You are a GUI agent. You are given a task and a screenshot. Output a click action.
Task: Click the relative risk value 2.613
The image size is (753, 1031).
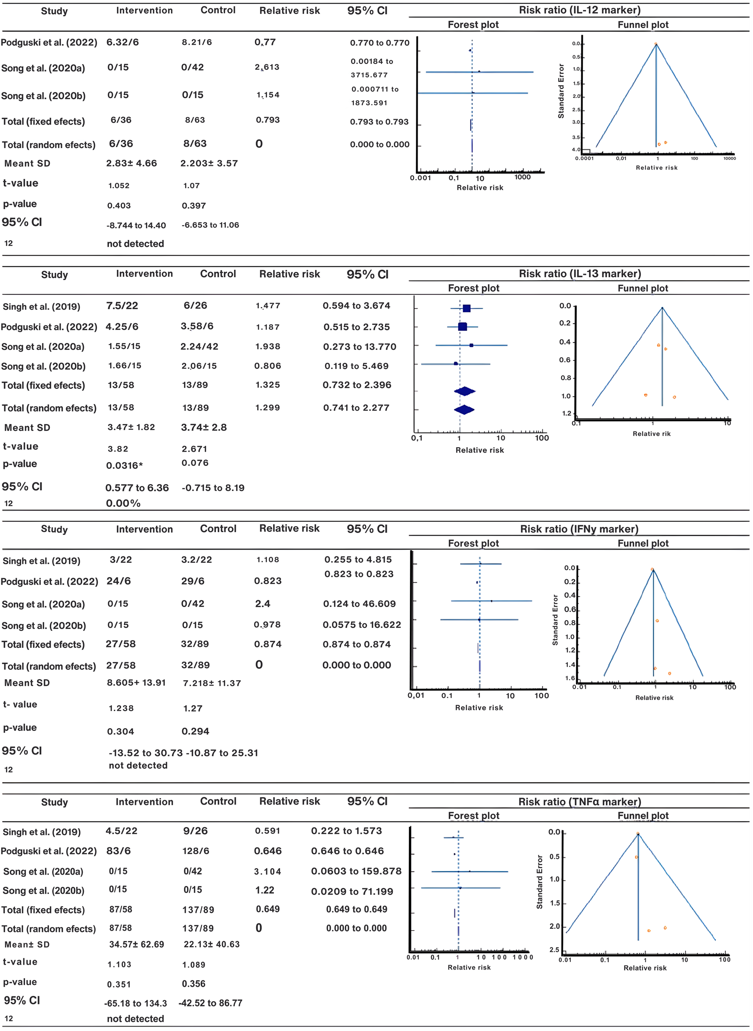(x=267, y=67)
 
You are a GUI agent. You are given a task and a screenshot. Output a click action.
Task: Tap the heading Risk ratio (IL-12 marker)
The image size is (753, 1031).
(x=579, y=10)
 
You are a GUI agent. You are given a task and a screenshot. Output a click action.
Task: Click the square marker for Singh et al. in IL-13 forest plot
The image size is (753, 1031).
(x=466, y=309)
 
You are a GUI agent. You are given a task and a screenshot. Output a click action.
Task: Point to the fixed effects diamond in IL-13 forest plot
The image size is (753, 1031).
(x=464, y=391)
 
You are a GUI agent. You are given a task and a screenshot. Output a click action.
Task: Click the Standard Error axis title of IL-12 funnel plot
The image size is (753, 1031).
(x=561, y=91)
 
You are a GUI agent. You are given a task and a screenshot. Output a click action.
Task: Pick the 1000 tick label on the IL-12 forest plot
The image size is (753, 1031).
(x=522, y=178)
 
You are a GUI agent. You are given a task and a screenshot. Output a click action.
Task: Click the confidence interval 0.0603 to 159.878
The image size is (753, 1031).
(x=356, y=871)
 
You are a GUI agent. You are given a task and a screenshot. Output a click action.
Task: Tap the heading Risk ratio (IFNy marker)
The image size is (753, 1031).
(x=579, y=529)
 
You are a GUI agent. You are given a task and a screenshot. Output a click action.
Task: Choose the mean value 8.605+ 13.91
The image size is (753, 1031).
(x=136, y=682)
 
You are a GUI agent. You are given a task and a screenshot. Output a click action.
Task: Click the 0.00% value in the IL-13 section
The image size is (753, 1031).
(x=123, y=504)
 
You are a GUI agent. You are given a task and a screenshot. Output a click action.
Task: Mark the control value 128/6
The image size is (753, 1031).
(x=196, y=851)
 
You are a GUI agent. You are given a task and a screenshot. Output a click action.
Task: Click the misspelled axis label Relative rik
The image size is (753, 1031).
(x=651, y=433)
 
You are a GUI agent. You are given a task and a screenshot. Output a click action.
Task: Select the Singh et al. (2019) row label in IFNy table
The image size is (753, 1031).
(x=42, y=561)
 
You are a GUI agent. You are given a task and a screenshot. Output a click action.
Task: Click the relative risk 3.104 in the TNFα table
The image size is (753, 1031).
(x=267, y=871)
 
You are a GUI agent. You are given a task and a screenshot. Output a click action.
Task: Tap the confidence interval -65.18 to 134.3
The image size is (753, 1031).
(x=135, y=1003)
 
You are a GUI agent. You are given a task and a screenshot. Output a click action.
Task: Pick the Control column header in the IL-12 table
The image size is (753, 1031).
(x=218, y=10)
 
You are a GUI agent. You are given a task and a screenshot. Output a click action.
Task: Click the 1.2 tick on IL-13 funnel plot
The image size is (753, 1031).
(x=566, y=414)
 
